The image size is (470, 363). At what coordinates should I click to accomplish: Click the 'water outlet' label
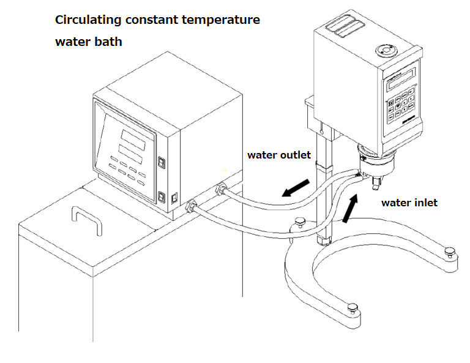click(278, 155)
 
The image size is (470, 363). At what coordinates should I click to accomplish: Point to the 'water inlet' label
click(409, 202)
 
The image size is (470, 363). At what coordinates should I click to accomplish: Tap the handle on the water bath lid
click(85, 220)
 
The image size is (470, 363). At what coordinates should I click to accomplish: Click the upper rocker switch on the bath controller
click(162, 163)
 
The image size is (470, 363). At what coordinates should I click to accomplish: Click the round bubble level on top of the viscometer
click(386, 50)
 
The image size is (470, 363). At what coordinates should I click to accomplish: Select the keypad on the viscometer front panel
click(401, 105)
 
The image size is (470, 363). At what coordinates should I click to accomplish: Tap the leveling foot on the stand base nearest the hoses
click(300, 221)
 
